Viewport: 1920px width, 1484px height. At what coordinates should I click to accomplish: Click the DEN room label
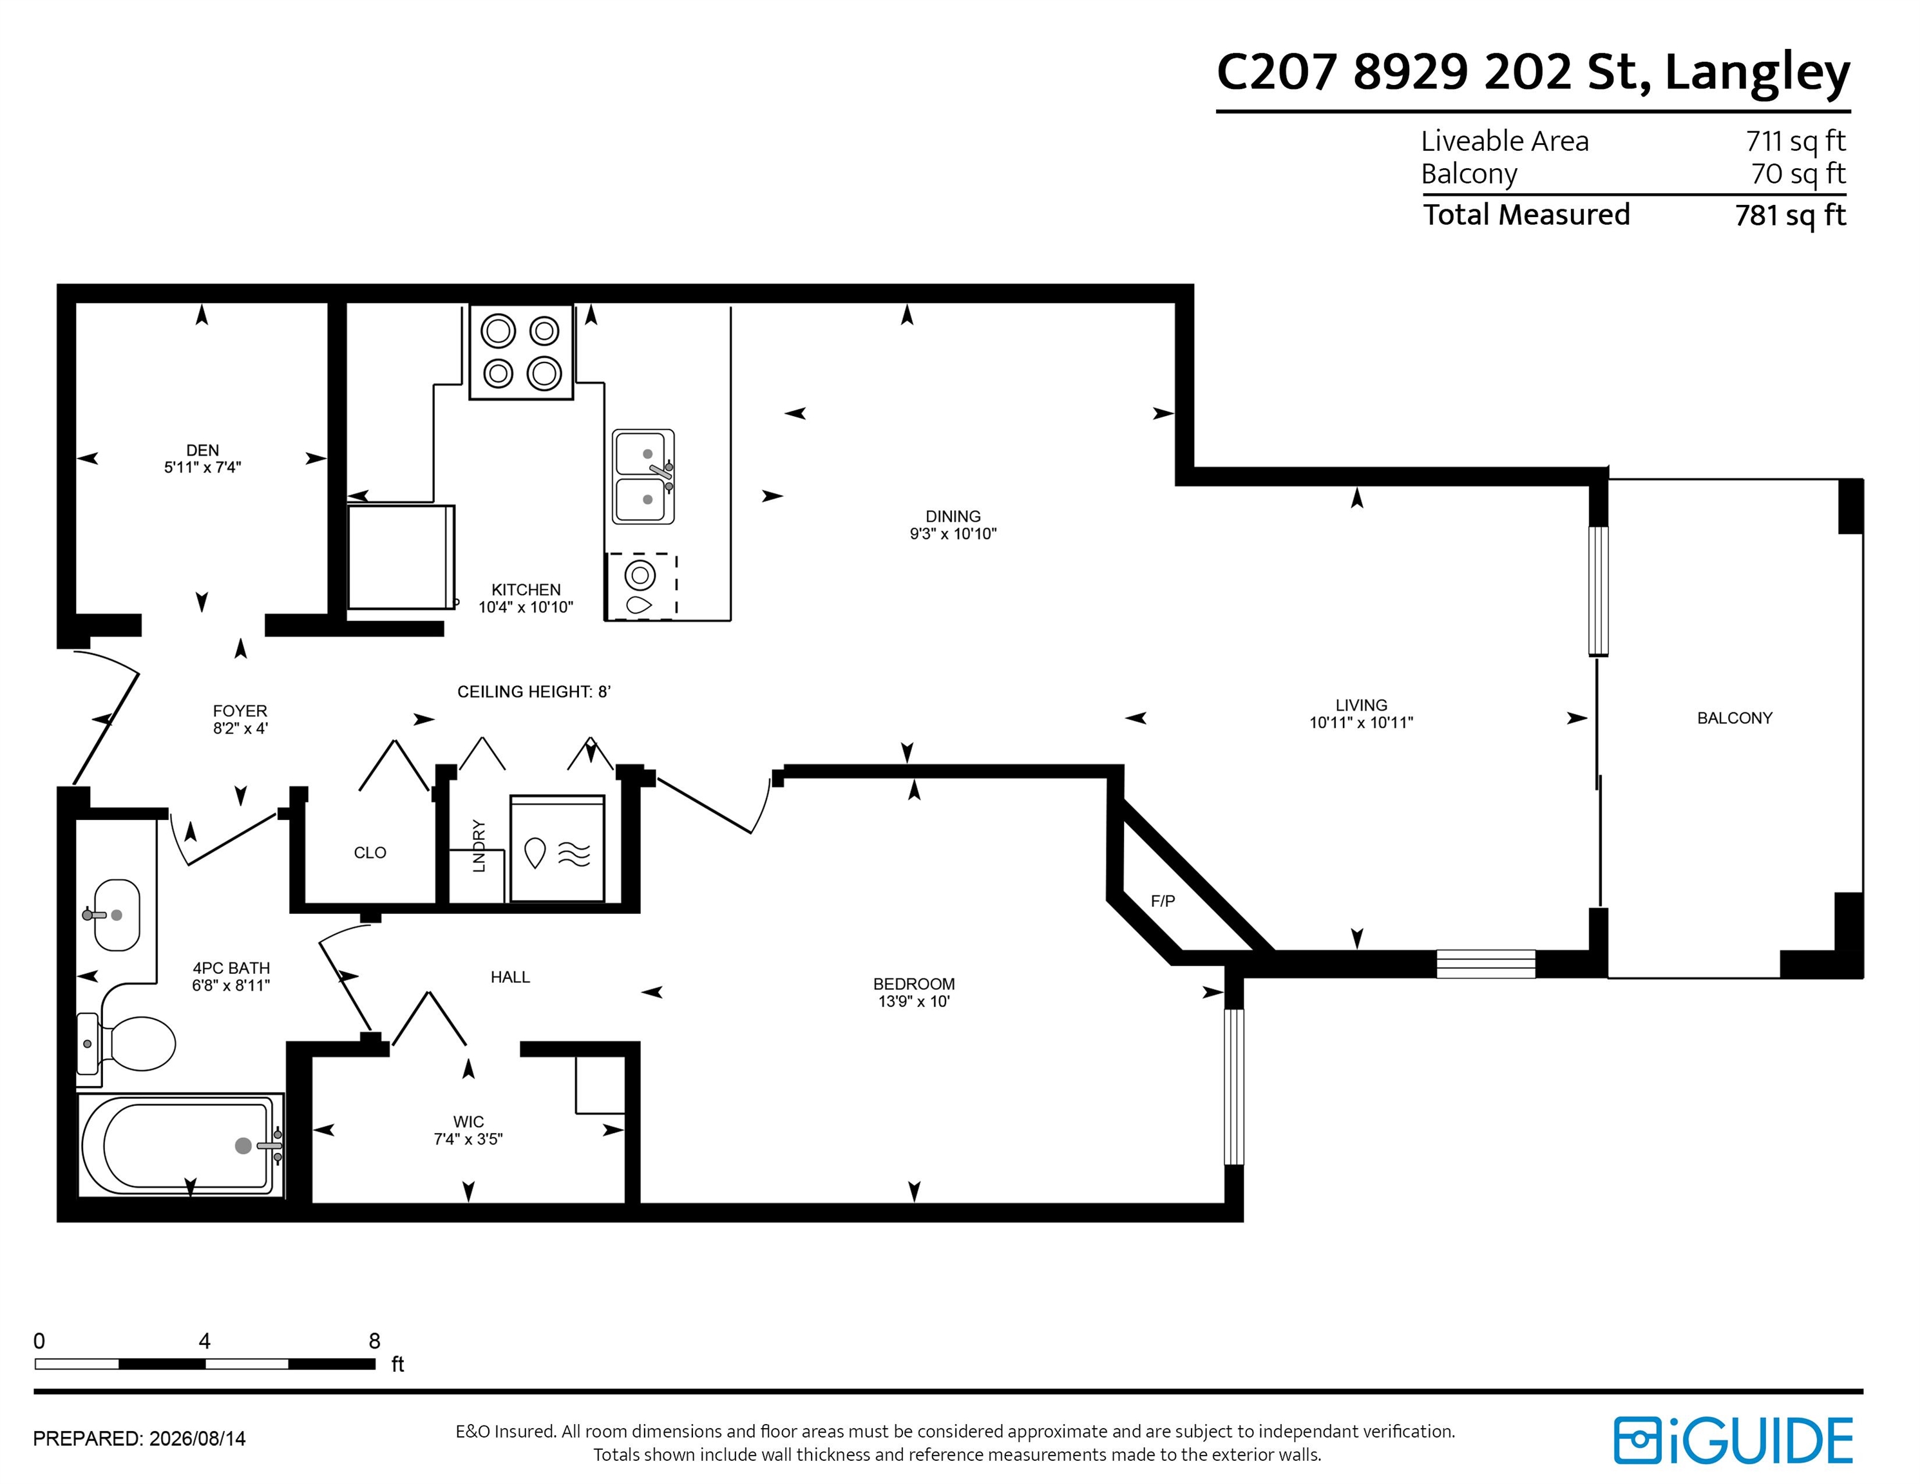pos(202,450)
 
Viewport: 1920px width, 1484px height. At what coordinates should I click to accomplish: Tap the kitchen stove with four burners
pos(521,352)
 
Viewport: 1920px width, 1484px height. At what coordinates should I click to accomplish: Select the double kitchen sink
pos(643,477)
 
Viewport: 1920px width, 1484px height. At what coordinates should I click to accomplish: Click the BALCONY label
pos(1735,718)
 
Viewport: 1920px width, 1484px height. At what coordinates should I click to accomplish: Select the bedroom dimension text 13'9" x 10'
pos(915,1002)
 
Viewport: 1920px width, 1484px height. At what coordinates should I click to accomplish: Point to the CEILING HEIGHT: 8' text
pos(534,692)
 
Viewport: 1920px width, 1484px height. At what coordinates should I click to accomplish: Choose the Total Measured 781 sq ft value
pos(1791,215)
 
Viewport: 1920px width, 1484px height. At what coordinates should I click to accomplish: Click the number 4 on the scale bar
pos(205,1341)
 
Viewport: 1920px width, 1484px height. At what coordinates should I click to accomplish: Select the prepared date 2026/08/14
pos(198,1439)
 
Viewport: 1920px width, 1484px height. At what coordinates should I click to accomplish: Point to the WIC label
pos(469,1122)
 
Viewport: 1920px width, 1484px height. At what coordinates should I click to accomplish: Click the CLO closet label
pos(370,853)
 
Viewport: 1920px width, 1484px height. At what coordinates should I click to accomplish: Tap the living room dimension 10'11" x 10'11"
pos(1361,723)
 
